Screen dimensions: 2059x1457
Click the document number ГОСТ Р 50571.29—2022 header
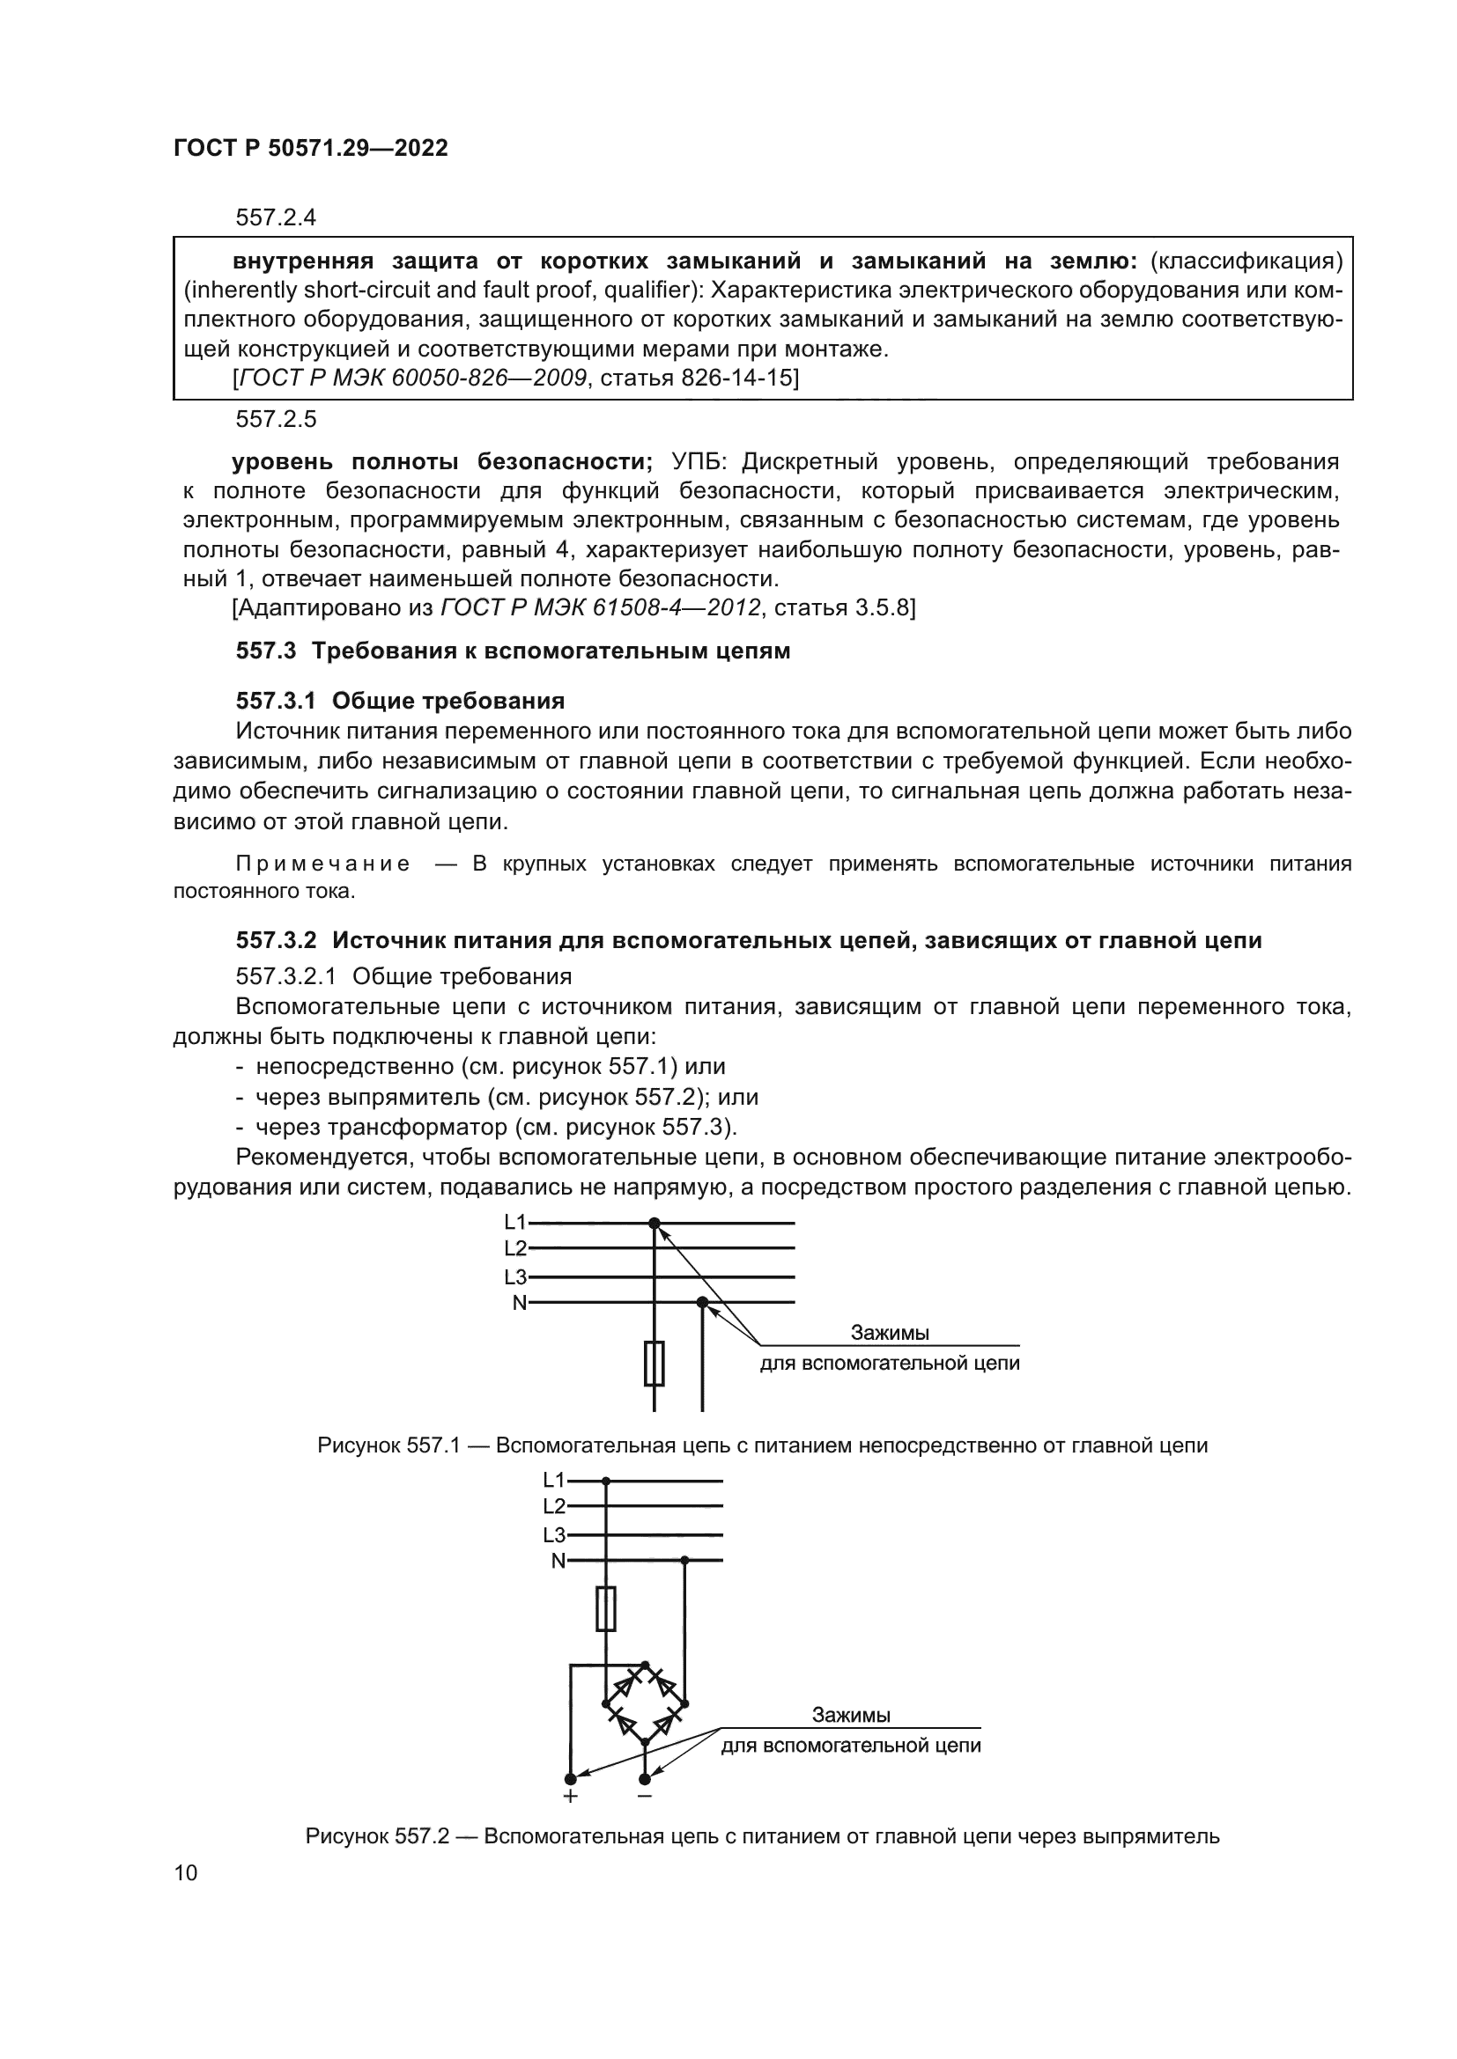click(310, 149)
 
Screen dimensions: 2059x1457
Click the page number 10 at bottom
click(186, 1871)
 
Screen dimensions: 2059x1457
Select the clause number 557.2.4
click(276, 217)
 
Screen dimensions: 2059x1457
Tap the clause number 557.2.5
click(276, 419)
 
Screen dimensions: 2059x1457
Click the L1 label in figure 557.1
click(515, 1222)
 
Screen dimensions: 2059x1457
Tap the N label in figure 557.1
click(520, 1302)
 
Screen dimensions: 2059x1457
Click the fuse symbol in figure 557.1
click(654, 1364)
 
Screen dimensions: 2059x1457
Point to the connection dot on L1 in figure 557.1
click(654, 1224)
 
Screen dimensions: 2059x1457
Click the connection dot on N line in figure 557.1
click(702, 1302)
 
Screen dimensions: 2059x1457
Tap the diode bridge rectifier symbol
click(644, 1703)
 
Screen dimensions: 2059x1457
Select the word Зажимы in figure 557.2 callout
click(851, 1715)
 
